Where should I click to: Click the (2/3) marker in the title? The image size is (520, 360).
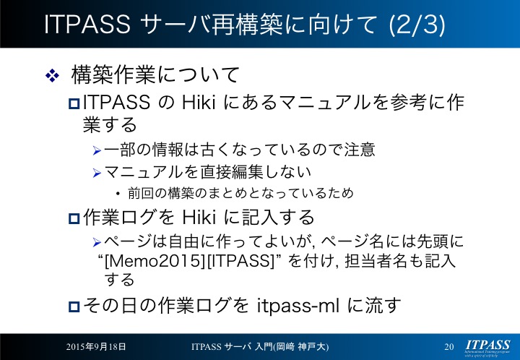point(417,25)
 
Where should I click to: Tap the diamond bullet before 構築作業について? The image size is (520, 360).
point(53,76)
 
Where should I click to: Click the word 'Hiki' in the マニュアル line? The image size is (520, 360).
point(199,102)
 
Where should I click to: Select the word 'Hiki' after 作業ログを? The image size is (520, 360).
point(199,218)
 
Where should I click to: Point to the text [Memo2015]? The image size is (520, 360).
point(155,261)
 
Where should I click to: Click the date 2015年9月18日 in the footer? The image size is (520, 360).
point(96,347)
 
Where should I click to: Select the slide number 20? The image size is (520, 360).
point(449,347)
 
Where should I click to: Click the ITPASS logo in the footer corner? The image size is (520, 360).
point(487,348)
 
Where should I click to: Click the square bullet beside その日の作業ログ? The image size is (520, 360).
point(74,307)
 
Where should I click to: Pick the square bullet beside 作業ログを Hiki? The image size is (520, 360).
point(74,218)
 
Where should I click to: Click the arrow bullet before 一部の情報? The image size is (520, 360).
point(97,151)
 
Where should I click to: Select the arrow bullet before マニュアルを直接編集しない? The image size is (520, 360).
point(97,173)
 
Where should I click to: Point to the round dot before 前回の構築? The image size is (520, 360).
point(118,194)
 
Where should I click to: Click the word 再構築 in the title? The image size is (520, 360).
point(248,25)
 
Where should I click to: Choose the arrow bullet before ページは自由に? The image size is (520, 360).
point(97,243)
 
